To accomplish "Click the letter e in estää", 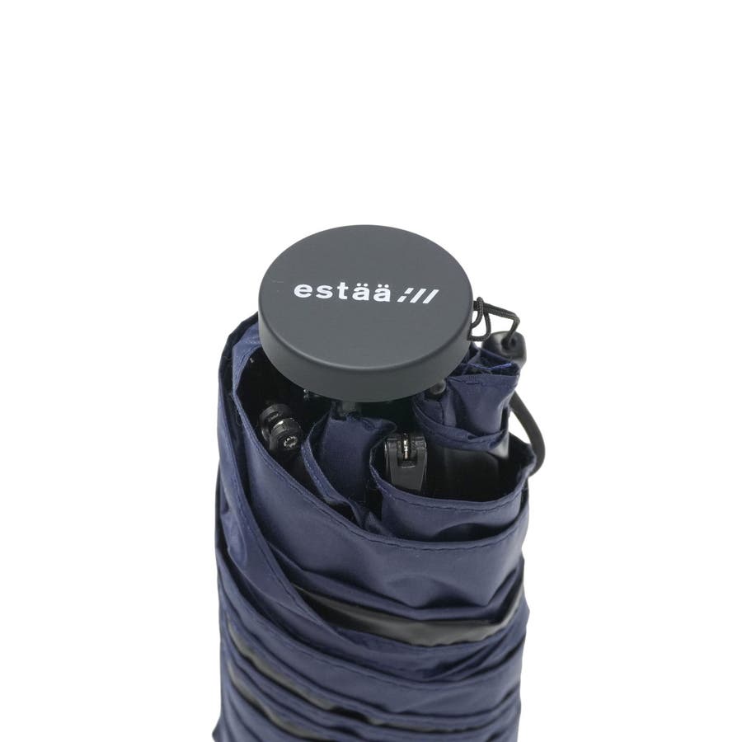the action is (x=303, y=290).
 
